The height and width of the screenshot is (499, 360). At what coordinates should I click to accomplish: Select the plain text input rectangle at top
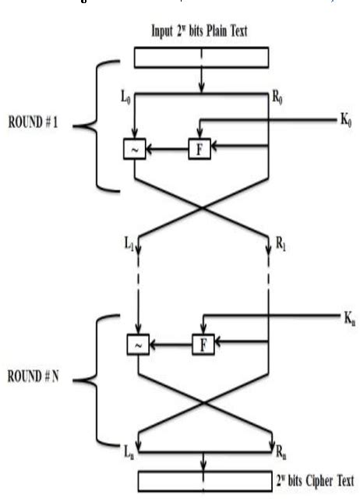tap(202, 57)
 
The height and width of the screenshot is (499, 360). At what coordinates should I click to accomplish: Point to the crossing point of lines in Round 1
tap(203, 208)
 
